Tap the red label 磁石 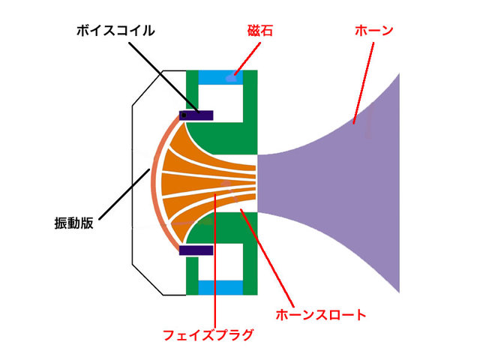pyautogui.click(x=259, y=31)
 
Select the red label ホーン pyautogui.click(x=373, y=31)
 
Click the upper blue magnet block pyautogui.click(x=222, y=77)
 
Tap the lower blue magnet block pyautogui.click(x=222, y=286)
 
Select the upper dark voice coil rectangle pyautogui.click(x=196, y=115)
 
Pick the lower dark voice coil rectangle pyautogui.click(x=196, y=250)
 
